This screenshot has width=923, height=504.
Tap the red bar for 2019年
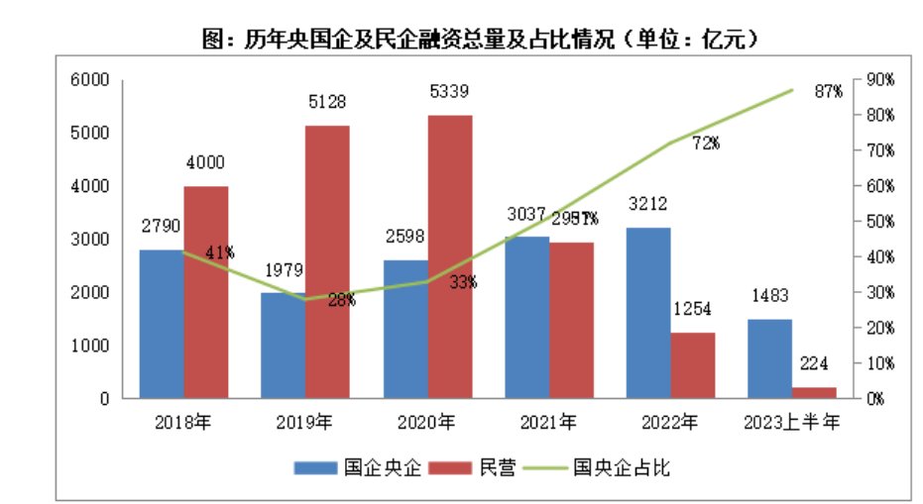(326, 261)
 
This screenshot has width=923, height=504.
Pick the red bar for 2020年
(449, 256)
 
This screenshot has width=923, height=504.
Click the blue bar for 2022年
(648, 313)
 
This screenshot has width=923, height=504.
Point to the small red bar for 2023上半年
(813, 393)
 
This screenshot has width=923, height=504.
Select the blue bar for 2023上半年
(769, 358)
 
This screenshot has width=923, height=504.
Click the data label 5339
(448, 92)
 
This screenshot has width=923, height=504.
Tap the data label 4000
(205, 162)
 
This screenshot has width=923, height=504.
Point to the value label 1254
(692, 309)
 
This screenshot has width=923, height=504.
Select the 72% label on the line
(705, 144)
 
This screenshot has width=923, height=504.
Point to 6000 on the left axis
(90, 79)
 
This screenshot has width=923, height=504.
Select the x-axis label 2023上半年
(791, 423)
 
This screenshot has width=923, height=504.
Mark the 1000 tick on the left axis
(90, 346)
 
